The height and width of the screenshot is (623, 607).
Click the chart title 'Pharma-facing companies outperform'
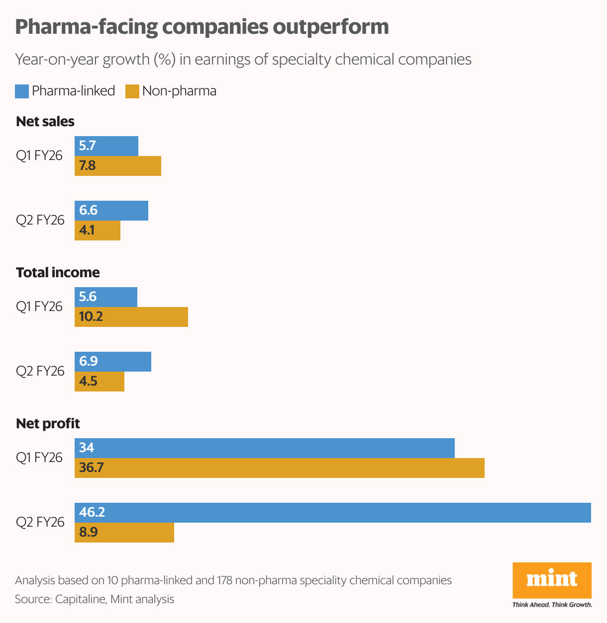click(x=202, y=27)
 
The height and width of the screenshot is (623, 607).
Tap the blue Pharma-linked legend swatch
click(x=22, y=91)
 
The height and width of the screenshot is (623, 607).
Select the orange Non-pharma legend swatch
click(x=132, y=91)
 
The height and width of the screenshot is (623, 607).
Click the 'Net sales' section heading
click(x=45, y=122)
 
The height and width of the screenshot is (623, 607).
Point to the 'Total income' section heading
click(x=58, y=273)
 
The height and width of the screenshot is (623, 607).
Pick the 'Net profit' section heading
click(x=48, y=424)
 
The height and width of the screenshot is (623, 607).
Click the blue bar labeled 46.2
click(x=332, y=513)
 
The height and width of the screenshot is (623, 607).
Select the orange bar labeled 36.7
click(x=279, y=468)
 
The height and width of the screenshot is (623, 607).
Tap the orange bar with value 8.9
click(x=124, y=533)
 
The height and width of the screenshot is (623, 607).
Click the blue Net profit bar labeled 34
click(x=264, y=448)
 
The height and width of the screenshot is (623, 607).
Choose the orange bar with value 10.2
click(x=131, y=317)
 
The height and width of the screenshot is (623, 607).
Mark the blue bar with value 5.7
click(x=106, y=146)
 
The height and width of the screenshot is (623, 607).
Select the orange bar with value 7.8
click(x=118, y=166)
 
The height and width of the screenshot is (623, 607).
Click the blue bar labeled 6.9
click(x=113, y=362)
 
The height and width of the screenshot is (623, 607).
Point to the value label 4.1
click(x=87, y=231)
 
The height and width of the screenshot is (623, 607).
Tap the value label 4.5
click(x=88, y=382)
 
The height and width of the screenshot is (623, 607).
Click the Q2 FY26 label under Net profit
click(x=40, y=522)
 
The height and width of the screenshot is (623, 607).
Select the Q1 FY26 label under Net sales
click(x=39, y=156)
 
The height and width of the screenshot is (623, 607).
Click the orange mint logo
click(x=552, y=580)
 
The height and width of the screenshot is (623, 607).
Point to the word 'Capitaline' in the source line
click(x=80, y=599)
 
